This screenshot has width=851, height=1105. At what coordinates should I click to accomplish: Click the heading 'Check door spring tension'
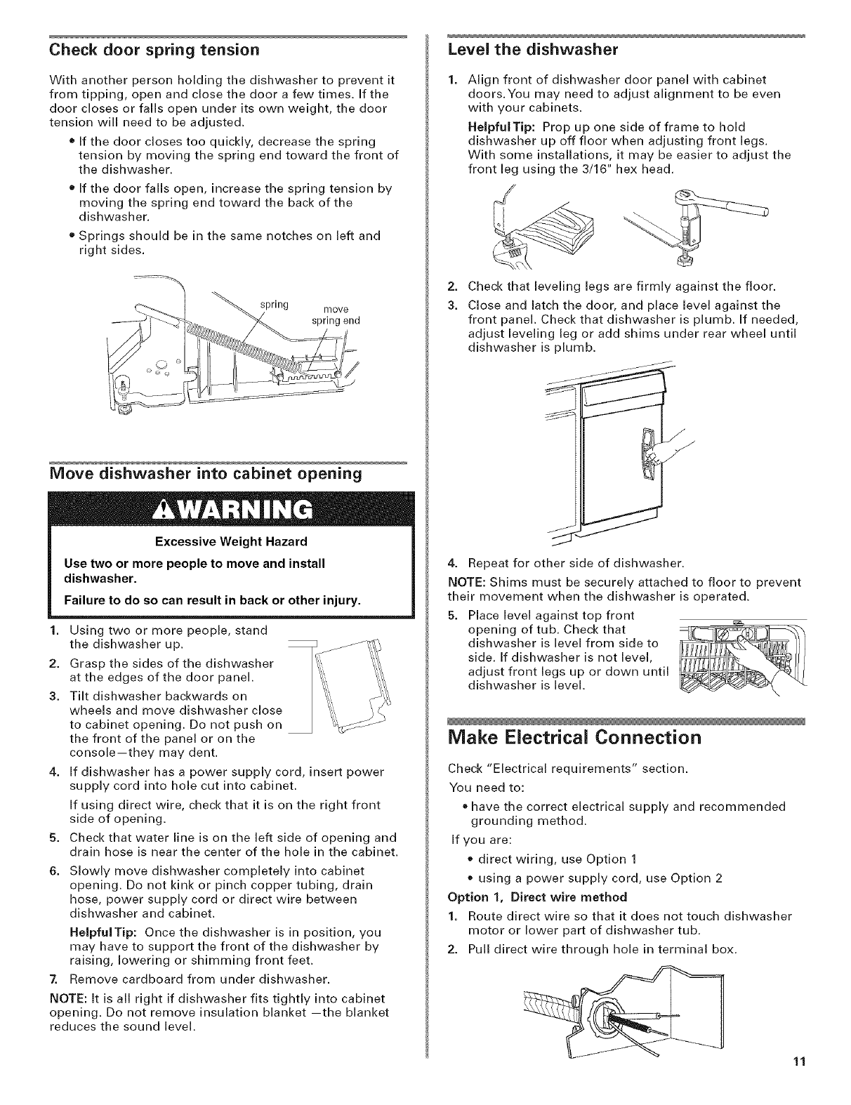click(x=152, y=49)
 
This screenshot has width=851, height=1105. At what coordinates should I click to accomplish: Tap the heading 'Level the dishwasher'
click(x=532, y=49)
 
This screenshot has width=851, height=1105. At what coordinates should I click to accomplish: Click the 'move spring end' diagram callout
click(x=341, y=315)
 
